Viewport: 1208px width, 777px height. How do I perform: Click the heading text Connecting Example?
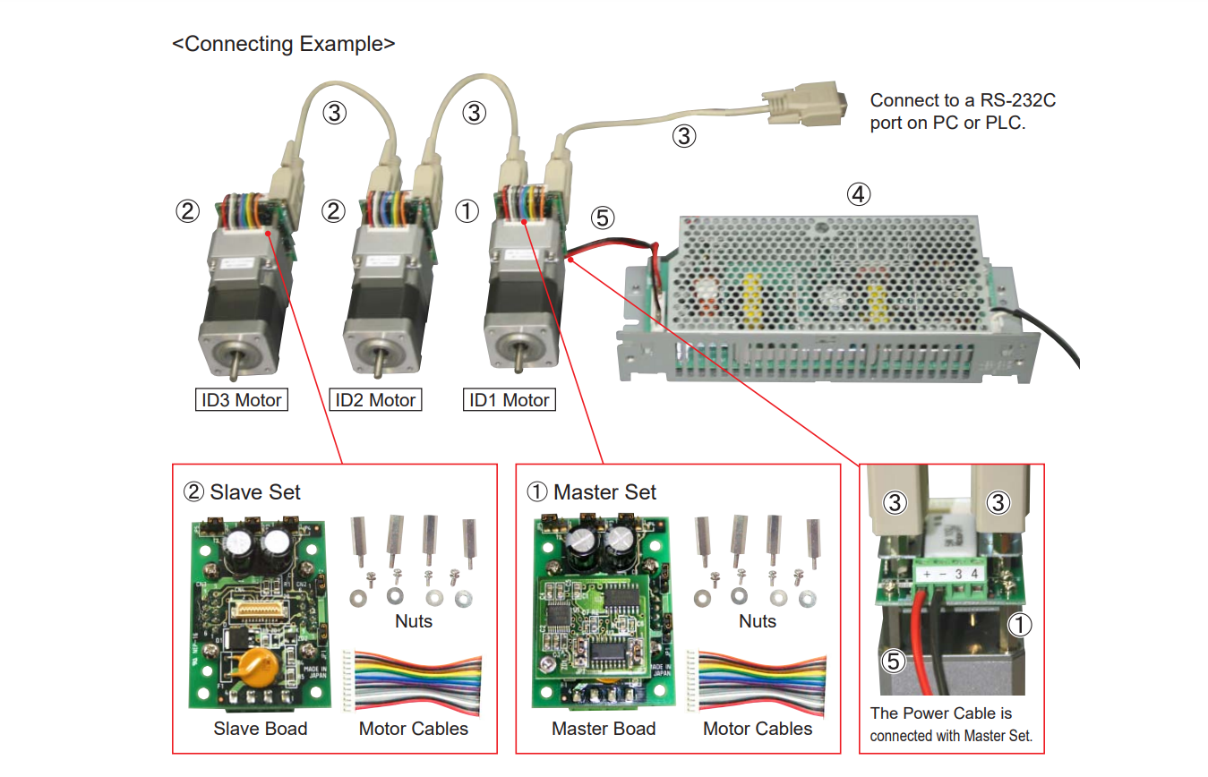283,44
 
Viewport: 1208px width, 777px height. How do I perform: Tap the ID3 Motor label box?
242,400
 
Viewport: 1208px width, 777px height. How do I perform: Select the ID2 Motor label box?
375,400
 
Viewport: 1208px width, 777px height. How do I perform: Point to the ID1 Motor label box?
510,400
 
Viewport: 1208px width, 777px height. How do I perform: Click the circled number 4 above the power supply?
859,193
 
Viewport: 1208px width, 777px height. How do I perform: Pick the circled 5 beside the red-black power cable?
604,218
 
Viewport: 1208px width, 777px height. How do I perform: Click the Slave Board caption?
260,729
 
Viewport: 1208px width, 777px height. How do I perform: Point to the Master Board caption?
604,729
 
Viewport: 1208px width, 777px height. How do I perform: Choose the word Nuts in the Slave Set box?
413,621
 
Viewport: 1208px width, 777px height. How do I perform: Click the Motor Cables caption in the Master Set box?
758,729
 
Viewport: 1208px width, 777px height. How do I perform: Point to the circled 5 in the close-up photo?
894,662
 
